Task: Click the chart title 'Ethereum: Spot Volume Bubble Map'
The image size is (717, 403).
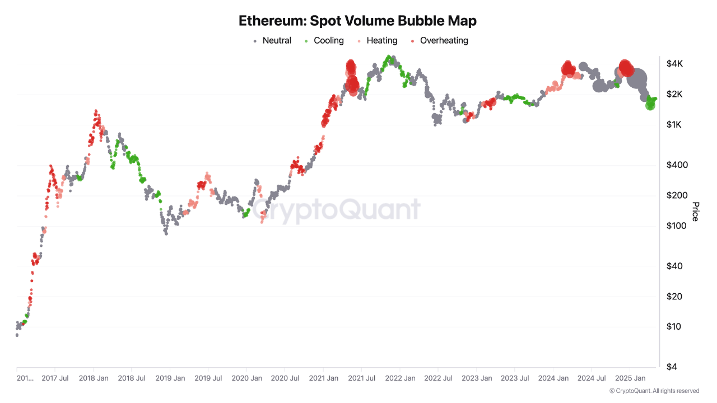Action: point(357,21)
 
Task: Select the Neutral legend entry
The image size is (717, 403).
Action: point(272,40)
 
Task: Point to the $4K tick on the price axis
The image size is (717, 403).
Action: point(674,64)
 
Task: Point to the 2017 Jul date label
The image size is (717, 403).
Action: point(55,378)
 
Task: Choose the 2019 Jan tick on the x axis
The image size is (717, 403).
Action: point(170,378)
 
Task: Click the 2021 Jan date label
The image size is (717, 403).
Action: point(323,378)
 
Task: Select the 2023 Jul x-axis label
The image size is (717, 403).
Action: point(514,378)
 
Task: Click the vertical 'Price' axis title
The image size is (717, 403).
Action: point(695,212)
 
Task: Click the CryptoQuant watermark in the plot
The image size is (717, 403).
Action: point(336,210)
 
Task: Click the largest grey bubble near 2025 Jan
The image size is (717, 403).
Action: point(637,80)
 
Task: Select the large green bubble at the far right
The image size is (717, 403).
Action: point(650,104)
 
